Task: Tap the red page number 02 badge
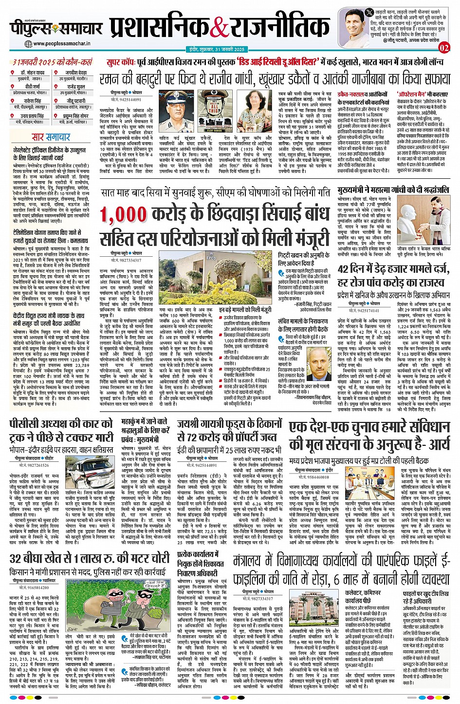coord(444,47)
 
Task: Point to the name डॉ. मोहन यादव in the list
coord(33,73)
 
